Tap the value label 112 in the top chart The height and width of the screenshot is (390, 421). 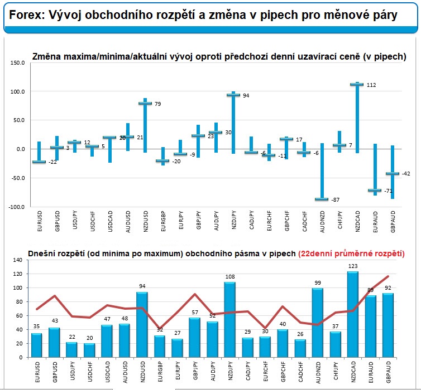tap(371, 85)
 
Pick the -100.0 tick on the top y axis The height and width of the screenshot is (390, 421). tap(16, 207)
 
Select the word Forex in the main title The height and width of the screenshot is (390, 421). tap(27, 15)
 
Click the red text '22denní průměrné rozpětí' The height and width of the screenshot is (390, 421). tap(351, 253)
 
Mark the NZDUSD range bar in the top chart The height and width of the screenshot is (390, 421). tap(145, 125)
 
